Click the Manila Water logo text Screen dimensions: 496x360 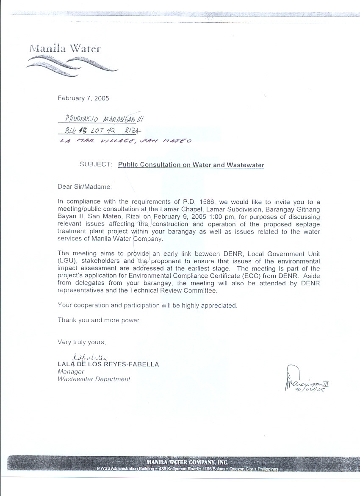tap(65, 48)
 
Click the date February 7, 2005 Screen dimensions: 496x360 tap(83, 98)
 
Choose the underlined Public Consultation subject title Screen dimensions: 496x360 tap(191, 165)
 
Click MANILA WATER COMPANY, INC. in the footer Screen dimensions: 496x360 tap(187, 462)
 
